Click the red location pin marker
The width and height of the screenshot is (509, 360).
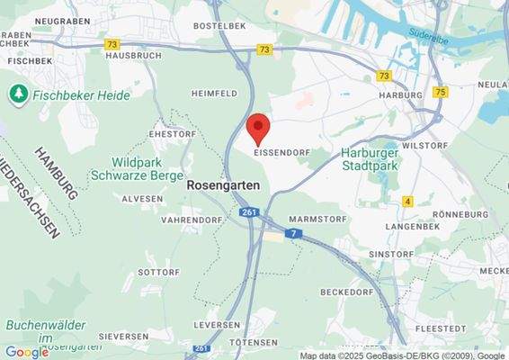pos(258,129)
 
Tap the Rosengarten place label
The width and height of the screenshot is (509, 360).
pos(223,184)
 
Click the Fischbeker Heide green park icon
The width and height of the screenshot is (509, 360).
pos(17,93)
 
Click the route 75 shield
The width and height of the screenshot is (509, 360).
pos(439,92)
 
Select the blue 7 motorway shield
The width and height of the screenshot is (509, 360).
pos(292,233)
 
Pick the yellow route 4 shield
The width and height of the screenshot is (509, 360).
pos(407,201)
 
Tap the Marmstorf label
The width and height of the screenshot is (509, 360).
pos(315,219)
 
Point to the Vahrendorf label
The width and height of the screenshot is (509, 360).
pos(190,219)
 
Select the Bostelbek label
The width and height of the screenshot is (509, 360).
pos(219,27)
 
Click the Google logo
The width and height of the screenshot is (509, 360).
pos(26,352)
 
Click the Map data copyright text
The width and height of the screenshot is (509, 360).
pos(403,355)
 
